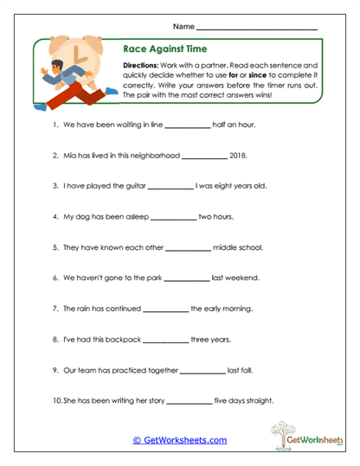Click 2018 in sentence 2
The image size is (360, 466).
(x=241, y=156)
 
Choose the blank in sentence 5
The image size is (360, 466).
(x=188, y=247)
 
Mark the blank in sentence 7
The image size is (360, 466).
(x=165, y=309)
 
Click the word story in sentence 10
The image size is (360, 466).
(x=151, y=401)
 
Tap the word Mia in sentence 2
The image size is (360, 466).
(x=71, y=156)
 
